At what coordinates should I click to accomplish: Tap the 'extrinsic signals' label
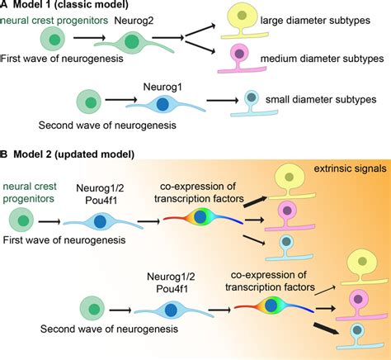point(346,168)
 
